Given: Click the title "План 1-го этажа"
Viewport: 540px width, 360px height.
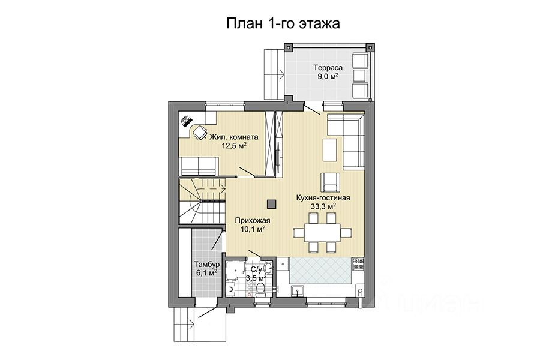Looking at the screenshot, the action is (283, 23).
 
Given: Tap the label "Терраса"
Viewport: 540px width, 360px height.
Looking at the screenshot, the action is (328, 68).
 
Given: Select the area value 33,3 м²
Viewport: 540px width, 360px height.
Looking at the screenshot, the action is (323, 206).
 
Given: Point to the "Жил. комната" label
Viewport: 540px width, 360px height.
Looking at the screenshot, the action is (234, 137).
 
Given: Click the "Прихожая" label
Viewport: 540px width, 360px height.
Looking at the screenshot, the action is (253, 221).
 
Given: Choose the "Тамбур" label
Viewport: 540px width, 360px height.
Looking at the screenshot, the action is (206, 265).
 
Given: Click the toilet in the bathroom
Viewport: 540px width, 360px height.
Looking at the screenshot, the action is (261, 289).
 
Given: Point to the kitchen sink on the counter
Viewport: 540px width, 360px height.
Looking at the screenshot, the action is (297, 291).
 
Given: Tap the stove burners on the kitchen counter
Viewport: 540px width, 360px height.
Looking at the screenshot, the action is (358, 264).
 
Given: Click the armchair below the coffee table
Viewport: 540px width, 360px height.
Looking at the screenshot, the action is (331, 182).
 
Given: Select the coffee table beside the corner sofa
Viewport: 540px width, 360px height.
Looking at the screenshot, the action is (330, 151).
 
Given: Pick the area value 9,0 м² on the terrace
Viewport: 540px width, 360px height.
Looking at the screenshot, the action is (328, 76).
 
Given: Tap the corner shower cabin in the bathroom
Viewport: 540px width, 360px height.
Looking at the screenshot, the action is (235, 270).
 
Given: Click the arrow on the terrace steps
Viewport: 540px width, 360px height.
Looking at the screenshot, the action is (281, 73).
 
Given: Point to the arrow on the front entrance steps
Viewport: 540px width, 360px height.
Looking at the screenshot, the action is (192, 322).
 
